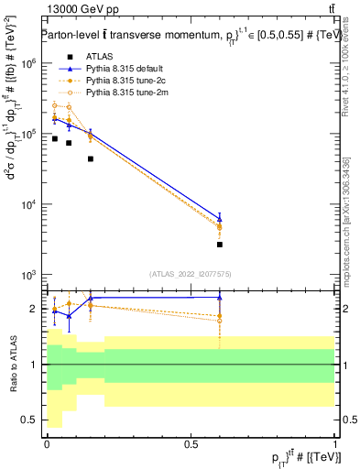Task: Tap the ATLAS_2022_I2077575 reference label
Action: (x=191, y=273)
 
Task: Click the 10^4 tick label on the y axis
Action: (x=26, y=204)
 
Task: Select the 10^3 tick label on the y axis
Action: (x=26, y=275)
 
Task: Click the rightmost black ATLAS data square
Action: (x=220, y=245)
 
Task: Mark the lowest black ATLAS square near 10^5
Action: (x=91, y=158)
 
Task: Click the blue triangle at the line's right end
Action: (x=220, y=218)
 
